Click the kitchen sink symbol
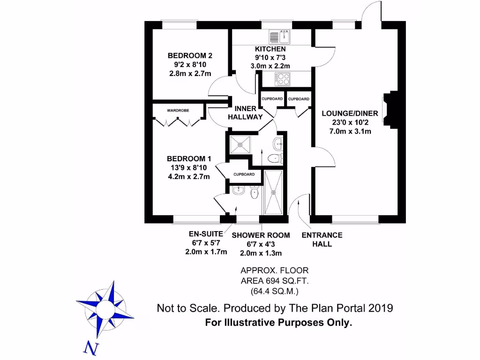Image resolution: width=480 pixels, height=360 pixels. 280,36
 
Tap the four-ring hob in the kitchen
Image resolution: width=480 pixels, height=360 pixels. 283,79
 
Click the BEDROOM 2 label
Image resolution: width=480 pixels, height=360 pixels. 187,56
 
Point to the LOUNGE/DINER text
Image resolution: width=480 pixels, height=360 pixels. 346,113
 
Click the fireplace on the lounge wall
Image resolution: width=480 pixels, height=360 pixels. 388,110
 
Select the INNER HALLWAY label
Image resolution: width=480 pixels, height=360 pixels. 245,112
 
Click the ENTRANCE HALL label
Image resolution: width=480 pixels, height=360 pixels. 322,239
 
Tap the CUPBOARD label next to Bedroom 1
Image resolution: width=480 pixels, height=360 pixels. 244,174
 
